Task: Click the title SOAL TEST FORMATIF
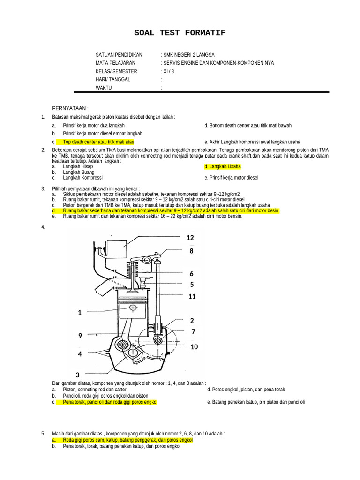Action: coord(180,33)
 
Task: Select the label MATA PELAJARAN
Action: coord(116,63)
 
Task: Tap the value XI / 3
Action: coord(169,71)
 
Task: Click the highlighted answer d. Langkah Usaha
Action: coord(222,166)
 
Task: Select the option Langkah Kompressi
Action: coord(82,178)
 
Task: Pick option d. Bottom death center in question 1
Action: coord(248,126)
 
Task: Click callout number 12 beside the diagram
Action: coord(190,238)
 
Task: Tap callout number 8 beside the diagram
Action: coord(191,251)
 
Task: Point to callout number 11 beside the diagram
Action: coord(192,296)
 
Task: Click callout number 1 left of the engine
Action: coord(80,313)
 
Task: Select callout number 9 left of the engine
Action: coord(80,336)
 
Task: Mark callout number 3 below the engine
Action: coord(77,375)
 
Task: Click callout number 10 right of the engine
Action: coord(194,347)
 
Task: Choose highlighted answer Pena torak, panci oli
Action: coord(110,402)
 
